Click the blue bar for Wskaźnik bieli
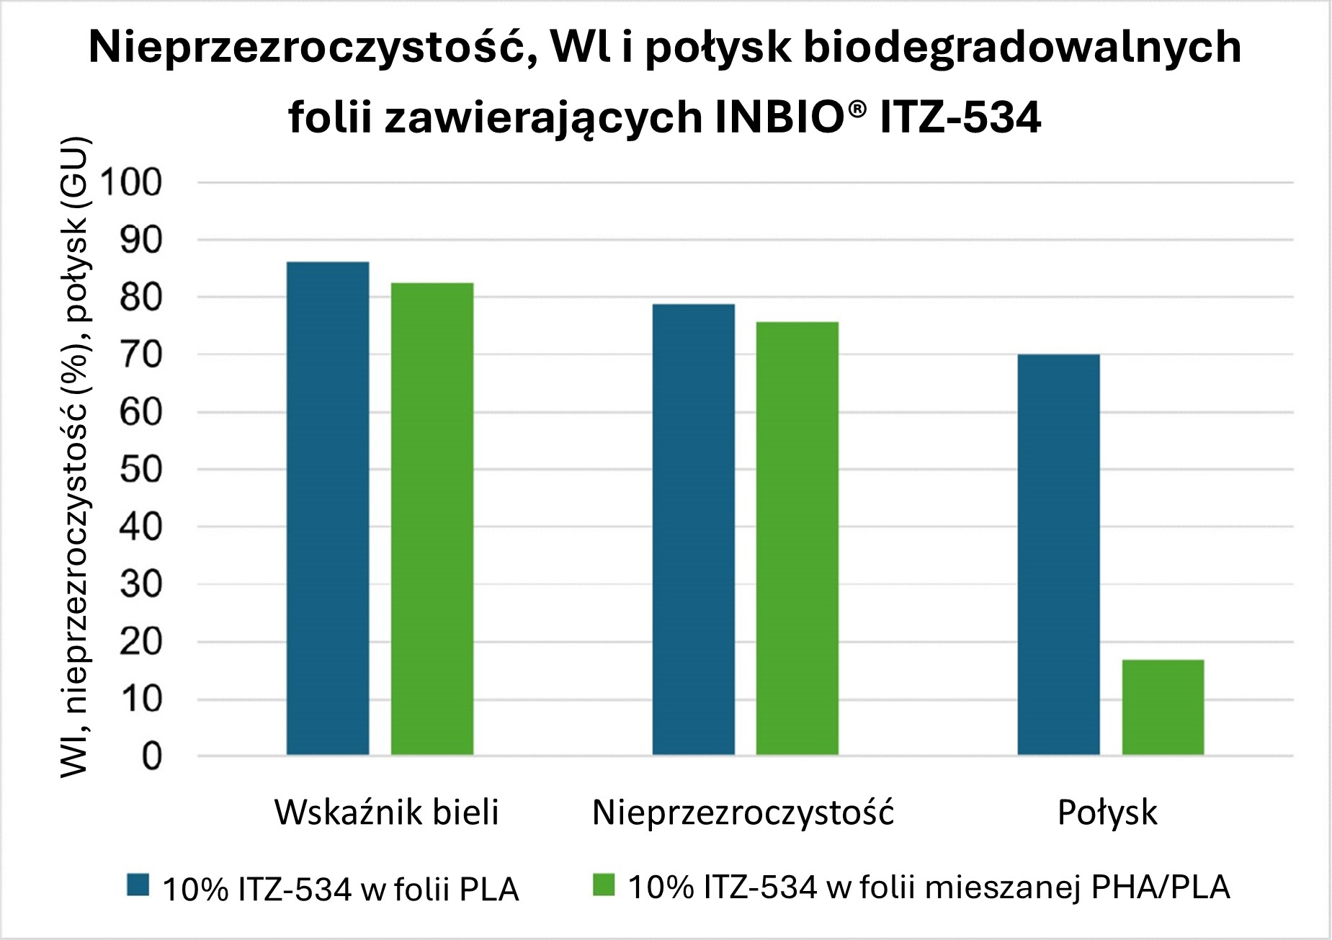[x=328, y=508]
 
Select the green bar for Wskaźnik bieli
[x=432, y=519]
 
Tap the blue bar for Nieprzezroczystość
[x=693, y=529]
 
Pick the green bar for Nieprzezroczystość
[x=797, y=538]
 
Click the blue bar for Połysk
[x=1058, y=555]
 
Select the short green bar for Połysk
[x=1163, y=707]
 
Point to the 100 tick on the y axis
[x=131, y=182]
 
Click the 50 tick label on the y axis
[x=140, y=470]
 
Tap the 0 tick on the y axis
[x=151, y=756]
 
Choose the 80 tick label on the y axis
[x=140, y=297]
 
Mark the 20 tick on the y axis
[x=140, y=642]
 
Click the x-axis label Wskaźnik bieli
[x=386, y=813]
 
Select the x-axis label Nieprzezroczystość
[x=743, y=813]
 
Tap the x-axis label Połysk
[x=1107, y=813]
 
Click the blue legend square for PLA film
[x=138, y=885]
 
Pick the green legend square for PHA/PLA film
[x=604, y=885]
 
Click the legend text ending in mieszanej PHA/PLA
[x=929, y=887]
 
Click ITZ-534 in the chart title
[x=960, y=117]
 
